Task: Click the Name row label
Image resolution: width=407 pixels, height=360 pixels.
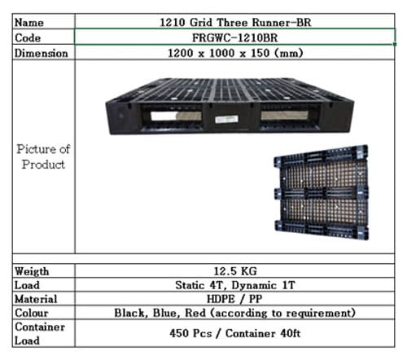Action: click(x=29, y=23)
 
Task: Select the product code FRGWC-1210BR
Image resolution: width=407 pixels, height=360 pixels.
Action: click(x=235, y=37)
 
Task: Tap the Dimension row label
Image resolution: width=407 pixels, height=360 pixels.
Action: click(x=42, y=53)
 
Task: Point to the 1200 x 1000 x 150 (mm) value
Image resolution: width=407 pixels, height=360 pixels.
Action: click(x=235, y=53)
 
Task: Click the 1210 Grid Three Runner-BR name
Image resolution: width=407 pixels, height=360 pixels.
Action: click(x=235, y=22)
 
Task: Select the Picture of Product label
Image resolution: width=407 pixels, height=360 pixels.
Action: click(x=43, y=156)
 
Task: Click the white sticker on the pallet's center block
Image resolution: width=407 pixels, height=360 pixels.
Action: click(x=226, y=119)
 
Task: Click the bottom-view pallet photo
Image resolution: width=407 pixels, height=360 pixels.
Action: click(x=322, y=192)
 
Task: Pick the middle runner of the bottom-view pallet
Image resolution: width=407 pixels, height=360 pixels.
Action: click(x=322, y=193)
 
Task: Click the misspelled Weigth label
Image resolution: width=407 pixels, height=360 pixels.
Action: click(x=32, y=271)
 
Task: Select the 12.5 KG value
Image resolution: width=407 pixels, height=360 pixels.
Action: click(x=235, y=271)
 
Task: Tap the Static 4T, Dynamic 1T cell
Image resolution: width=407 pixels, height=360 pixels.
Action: click(x=235, y=285)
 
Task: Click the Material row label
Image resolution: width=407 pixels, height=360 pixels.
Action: click(x=36, y=299)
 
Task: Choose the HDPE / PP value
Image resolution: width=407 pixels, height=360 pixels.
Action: click(x=234, y=299)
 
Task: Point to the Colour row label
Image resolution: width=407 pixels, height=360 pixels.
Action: click(x=32, y=313)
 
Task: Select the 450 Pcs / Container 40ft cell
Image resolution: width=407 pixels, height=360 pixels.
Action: click(x=235, y=333)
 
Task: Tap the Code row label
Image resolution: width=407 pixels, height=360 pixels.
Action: click(x=28, y=37)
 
